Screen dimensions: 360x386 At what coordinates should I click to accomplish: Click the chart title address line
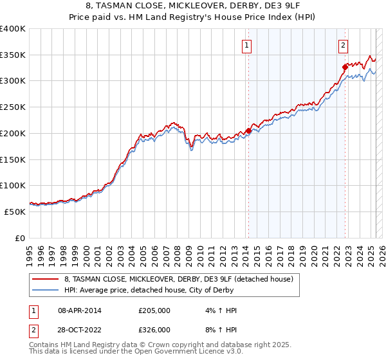click(192, 6)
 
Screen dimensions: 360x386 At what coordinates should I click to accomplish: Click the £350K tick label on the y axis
click(13, 55)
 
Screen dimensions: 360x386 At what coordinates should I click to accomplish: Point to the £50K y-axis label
click(15, 212)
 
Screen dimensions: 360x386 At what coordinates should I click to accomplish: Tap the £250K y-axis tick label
click(13, 107)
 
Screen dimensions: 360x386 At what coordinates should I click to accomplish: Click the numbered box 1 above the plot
click(248, 45)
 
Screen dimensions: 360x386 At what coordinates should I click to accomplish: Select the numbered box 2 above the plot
click(344, 45)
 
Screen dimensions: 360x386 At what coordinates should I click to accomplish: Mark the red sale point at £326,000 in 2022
click(345, 67)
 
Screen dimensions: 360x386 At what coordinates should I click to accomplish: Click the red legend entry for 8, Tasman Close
click(178, 279)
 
